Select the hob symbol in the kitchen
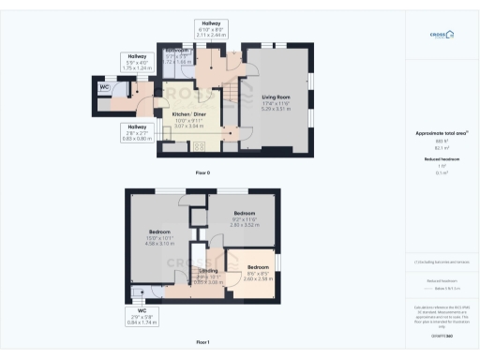pyautogui.click(x=199, y=146)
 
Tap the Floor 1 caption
pyautogui.click(x=202, y=344)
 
